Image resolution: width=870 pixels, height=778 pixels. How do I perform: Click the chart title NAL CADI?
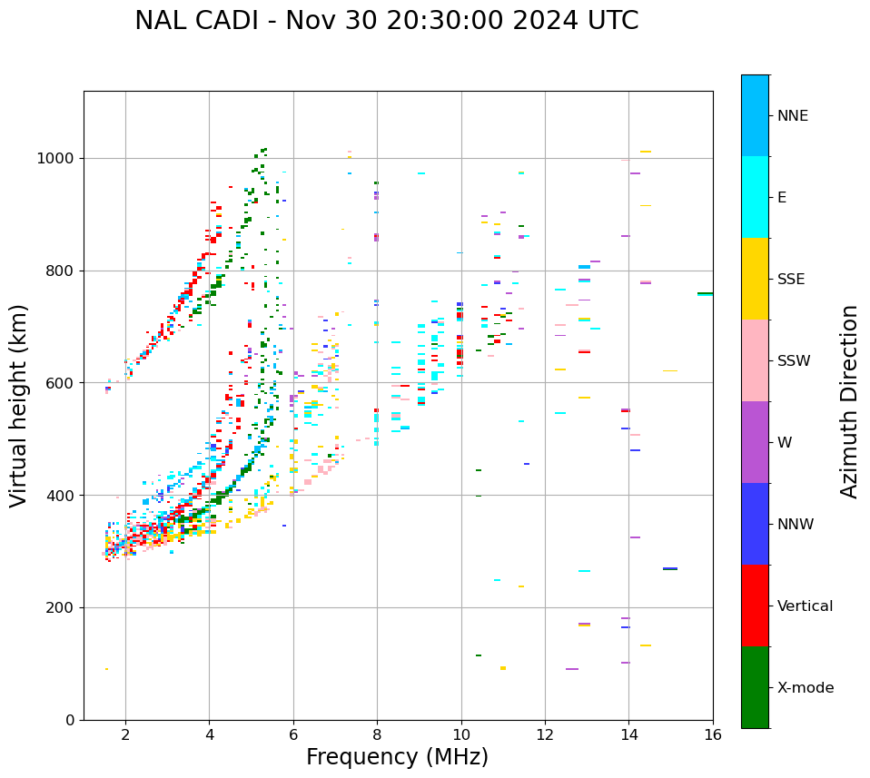click(x=386, y=21)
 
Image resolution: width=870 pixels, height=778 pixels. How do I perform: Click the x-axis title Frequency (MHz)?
click(x=397, y=757)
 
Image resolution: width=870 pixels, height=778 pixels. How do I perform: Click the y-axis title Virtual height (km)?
click(x=19, y=405)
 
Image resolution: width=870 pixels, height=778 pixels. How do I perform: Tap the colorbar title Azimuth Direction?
click(x=849, y=401)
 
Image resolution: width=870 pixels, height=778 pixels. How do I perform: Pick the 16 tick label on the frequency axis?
click(x=713, y=734)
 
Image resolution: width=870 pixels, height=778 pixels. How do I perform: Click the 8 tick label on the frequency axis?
click(x=377, y=734)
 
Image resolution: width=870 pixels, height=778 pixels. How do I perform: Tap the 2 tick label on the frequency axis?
click(x=125, y=734)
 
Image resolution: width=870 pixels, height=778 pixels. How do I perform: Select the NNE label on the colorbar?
click(x=792, y=116)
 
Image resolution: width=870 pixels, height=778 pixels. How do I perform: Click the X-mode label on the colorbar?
click(x=806, y=688)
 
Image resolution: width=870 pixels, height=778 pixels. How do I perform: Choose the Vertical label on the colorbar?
click(x=805, y=606)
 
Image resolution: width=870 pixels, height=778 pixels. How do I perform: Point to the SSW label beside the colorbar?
click(x=794, y=361)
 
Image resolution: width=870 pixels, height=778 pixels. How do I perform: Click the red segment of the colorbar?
click(x=755, y=606)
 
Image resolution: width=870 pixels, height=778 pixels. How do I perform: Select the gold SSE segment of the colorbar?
click(x=755, y=279)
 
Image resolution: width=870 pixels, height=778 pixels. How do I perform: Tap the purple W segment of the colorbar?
click(x=755, y=442)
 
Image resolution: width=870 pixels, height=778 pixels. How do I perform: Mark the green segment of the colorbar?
click(x=755, y=687)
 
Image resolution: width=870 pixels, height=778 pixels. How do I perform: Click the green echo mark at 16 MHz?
click(x=705, y=294)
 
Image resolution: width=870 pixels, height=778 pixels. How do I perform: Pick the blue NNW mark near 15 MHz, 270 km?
click(x=670, y=568)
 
